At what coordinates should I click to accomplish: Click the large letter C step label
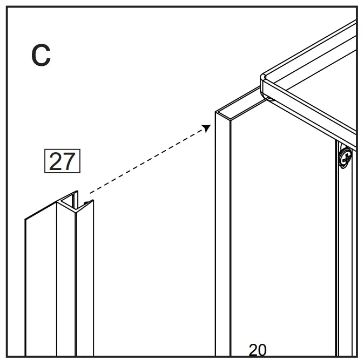(x=41, y=56)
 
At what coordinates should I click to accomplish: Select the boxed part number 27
(x=62, y=161)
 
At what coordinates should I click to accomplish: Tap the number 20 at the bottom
(x=257, y=350)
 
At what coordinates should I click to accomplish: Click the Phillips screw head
(x=345, y=158)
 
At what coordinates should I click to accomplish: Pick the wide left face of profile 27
(x=41, y=286)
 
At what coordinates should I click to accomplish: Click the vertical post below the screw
(x=345, y=259)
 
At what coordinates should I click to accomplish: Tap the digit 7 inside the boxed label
(x=69, y=161)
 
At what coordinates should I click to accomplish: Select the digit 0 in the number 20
(x=262, y=350)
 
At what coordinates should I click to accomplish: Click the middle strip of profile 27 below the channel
(x=66, y=281)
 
